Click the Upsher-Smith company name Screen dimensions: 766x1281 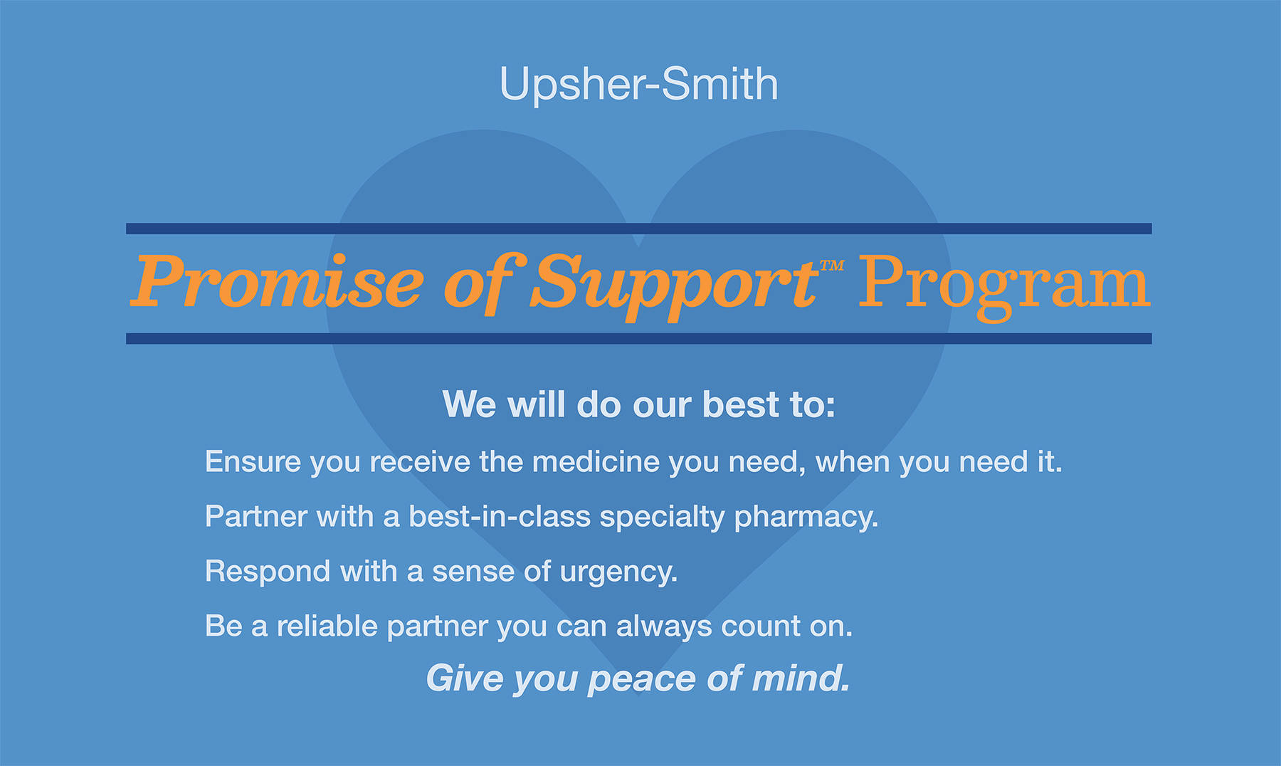point(638,84)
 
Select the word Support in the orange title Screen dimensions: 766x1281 point(673,283)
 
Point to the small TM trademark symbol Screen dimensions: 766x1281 point(831,266)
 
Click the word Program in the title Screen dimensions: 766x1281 point(1003,283)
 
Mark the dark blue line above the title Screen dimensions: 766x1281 point(638,229)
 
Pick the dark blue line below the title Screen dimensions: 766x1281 point(638,339)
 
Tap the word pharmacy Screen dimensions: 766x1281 point(806,518)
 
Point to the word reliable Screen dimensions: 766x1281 point(327,626)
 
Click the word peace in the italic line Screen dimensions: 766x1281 point(642,679)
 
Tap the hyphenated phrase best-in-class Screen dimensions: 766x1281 point(499,517)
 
